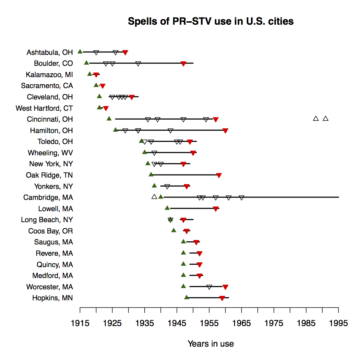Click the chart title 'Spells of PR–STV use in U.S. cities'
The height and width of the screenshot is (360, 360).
[x=211, y=21]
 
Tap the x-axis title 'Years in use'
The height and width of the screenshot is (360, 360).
[x=211, y=344]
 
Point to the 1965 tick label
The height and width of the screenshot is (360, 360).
[x=241, y=323]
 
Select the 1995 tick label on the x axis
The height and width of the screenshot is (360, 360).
[x=338, y=323]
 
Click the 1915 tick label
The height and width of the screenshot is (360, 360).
[x=80, y=323]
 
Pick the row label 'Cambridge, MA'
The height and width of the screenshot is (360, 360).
[x=48, y=197]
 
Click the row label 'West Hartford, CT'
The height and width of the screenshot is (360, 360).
[x=44, y=108]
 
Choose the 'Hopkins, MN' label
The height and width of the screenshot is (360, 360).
[x=52, y=298]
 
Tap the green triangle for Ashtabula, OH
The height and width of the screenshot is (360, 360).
[x=80, y=51]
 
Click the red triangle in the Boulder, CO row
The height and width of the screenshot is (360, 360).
[x=183, y=64]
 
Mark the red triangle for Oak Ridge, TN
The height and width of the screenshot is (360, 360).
[x=219, y=176]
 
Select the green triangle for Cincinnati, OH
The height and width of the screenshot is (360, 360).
[x=109, y=119]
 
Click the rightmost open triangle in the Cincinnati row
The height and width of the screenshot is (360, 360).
[x=326, y=119]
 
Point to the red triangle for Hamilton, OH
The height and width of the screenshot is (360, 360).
[x=225, y=131]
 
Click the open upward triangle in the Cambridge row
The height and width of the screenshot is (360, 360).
[x=154, y=196]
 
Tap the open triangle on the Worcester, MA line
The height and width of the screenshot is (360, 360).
[x=209, y=287]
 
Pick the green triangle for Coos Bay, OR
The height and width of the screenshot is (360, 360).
[x=173, y=230]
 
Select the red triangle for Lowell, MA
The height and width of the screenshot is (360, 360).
[x=216, y=209]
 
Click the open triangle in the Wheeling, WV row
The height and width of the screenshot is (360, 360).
[x=154, y=153]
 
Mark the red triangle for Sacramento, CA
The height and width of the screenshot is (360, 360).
[x=103, y=86]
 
